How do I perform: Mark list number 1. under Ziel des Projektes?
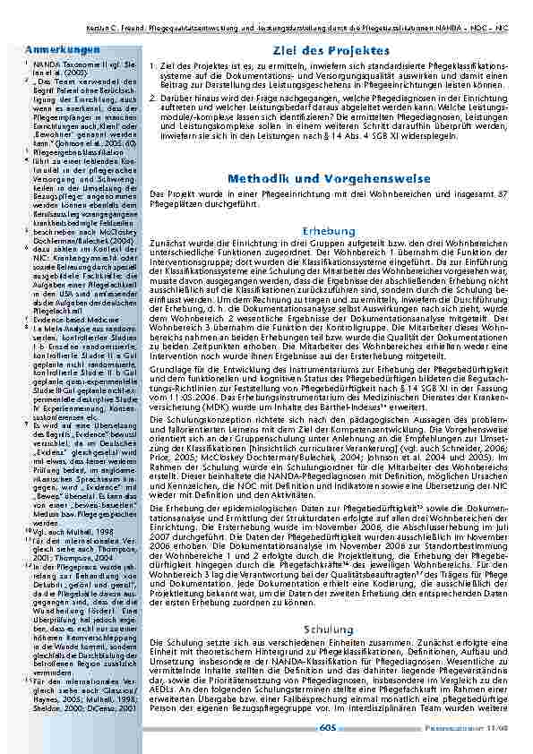[154, 68]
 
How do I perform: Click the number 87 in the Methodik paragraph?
[503, 195]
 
